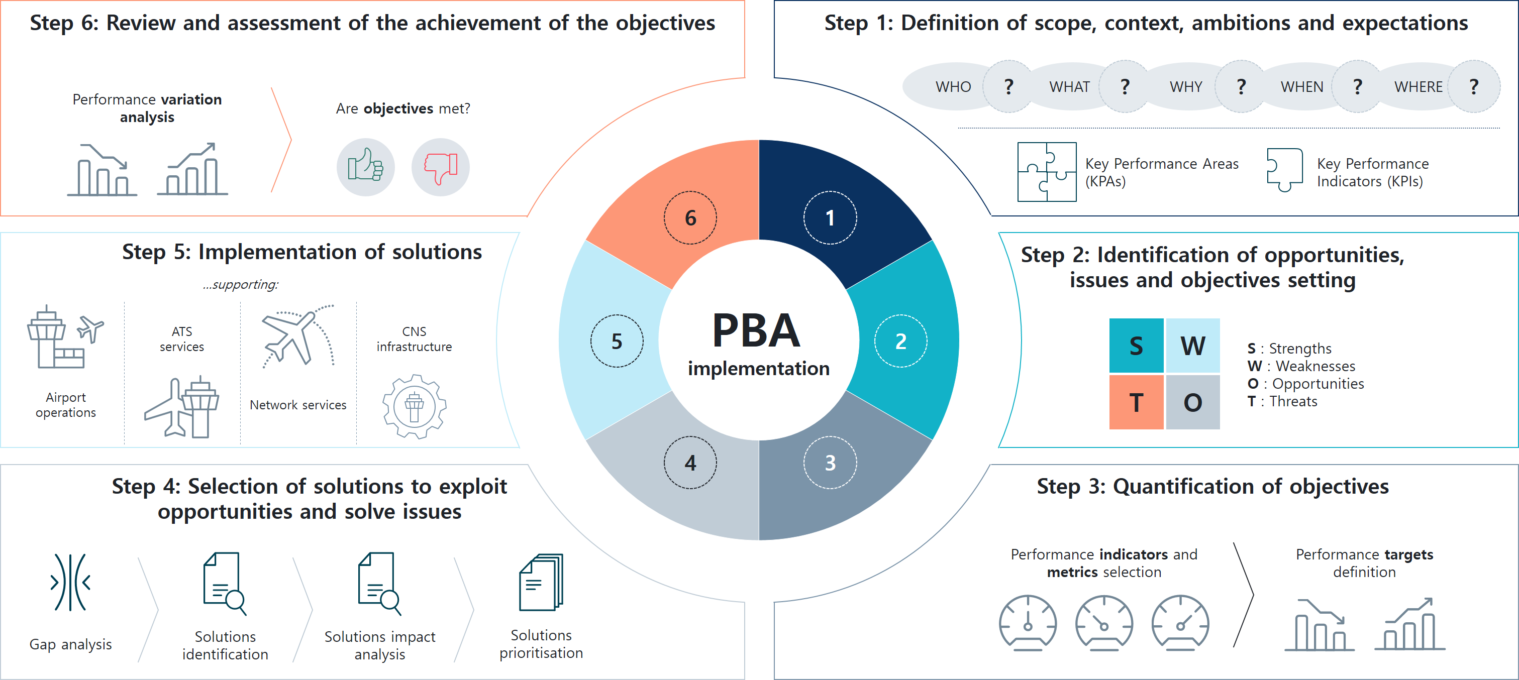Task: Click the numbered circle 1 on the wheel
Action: pos(830,217)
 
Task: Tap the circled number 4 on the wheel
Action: pos(690,463)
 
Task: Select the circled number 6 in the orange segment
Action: pos(690,217)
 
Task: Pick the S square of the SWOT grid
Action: pos(1136,346)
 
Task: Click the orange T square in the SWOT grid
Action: pos(1136,402)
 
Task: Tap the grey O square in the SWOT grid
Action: pos(1193,402)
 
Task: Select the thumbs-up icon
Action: pos(366,167)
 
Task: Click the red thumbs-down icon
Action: pos(441,167)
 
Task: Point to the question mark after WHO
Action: pos(1009,86)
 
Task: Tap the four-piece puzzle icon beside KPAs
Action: pos(1047,172)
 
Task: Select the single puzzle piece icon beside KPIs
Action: pos(1284,170)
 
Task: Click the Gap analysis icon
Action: pos(70,583)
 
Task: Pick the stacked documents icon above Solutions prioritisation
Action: pos(541,582)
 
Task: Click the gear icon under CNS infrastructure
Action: pos(414,407)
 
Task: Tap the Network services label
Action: pos(298,405)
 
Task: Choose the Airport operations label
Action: pos(65,405)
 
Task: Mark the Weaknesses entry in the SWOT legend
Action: pos(1301,367)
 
